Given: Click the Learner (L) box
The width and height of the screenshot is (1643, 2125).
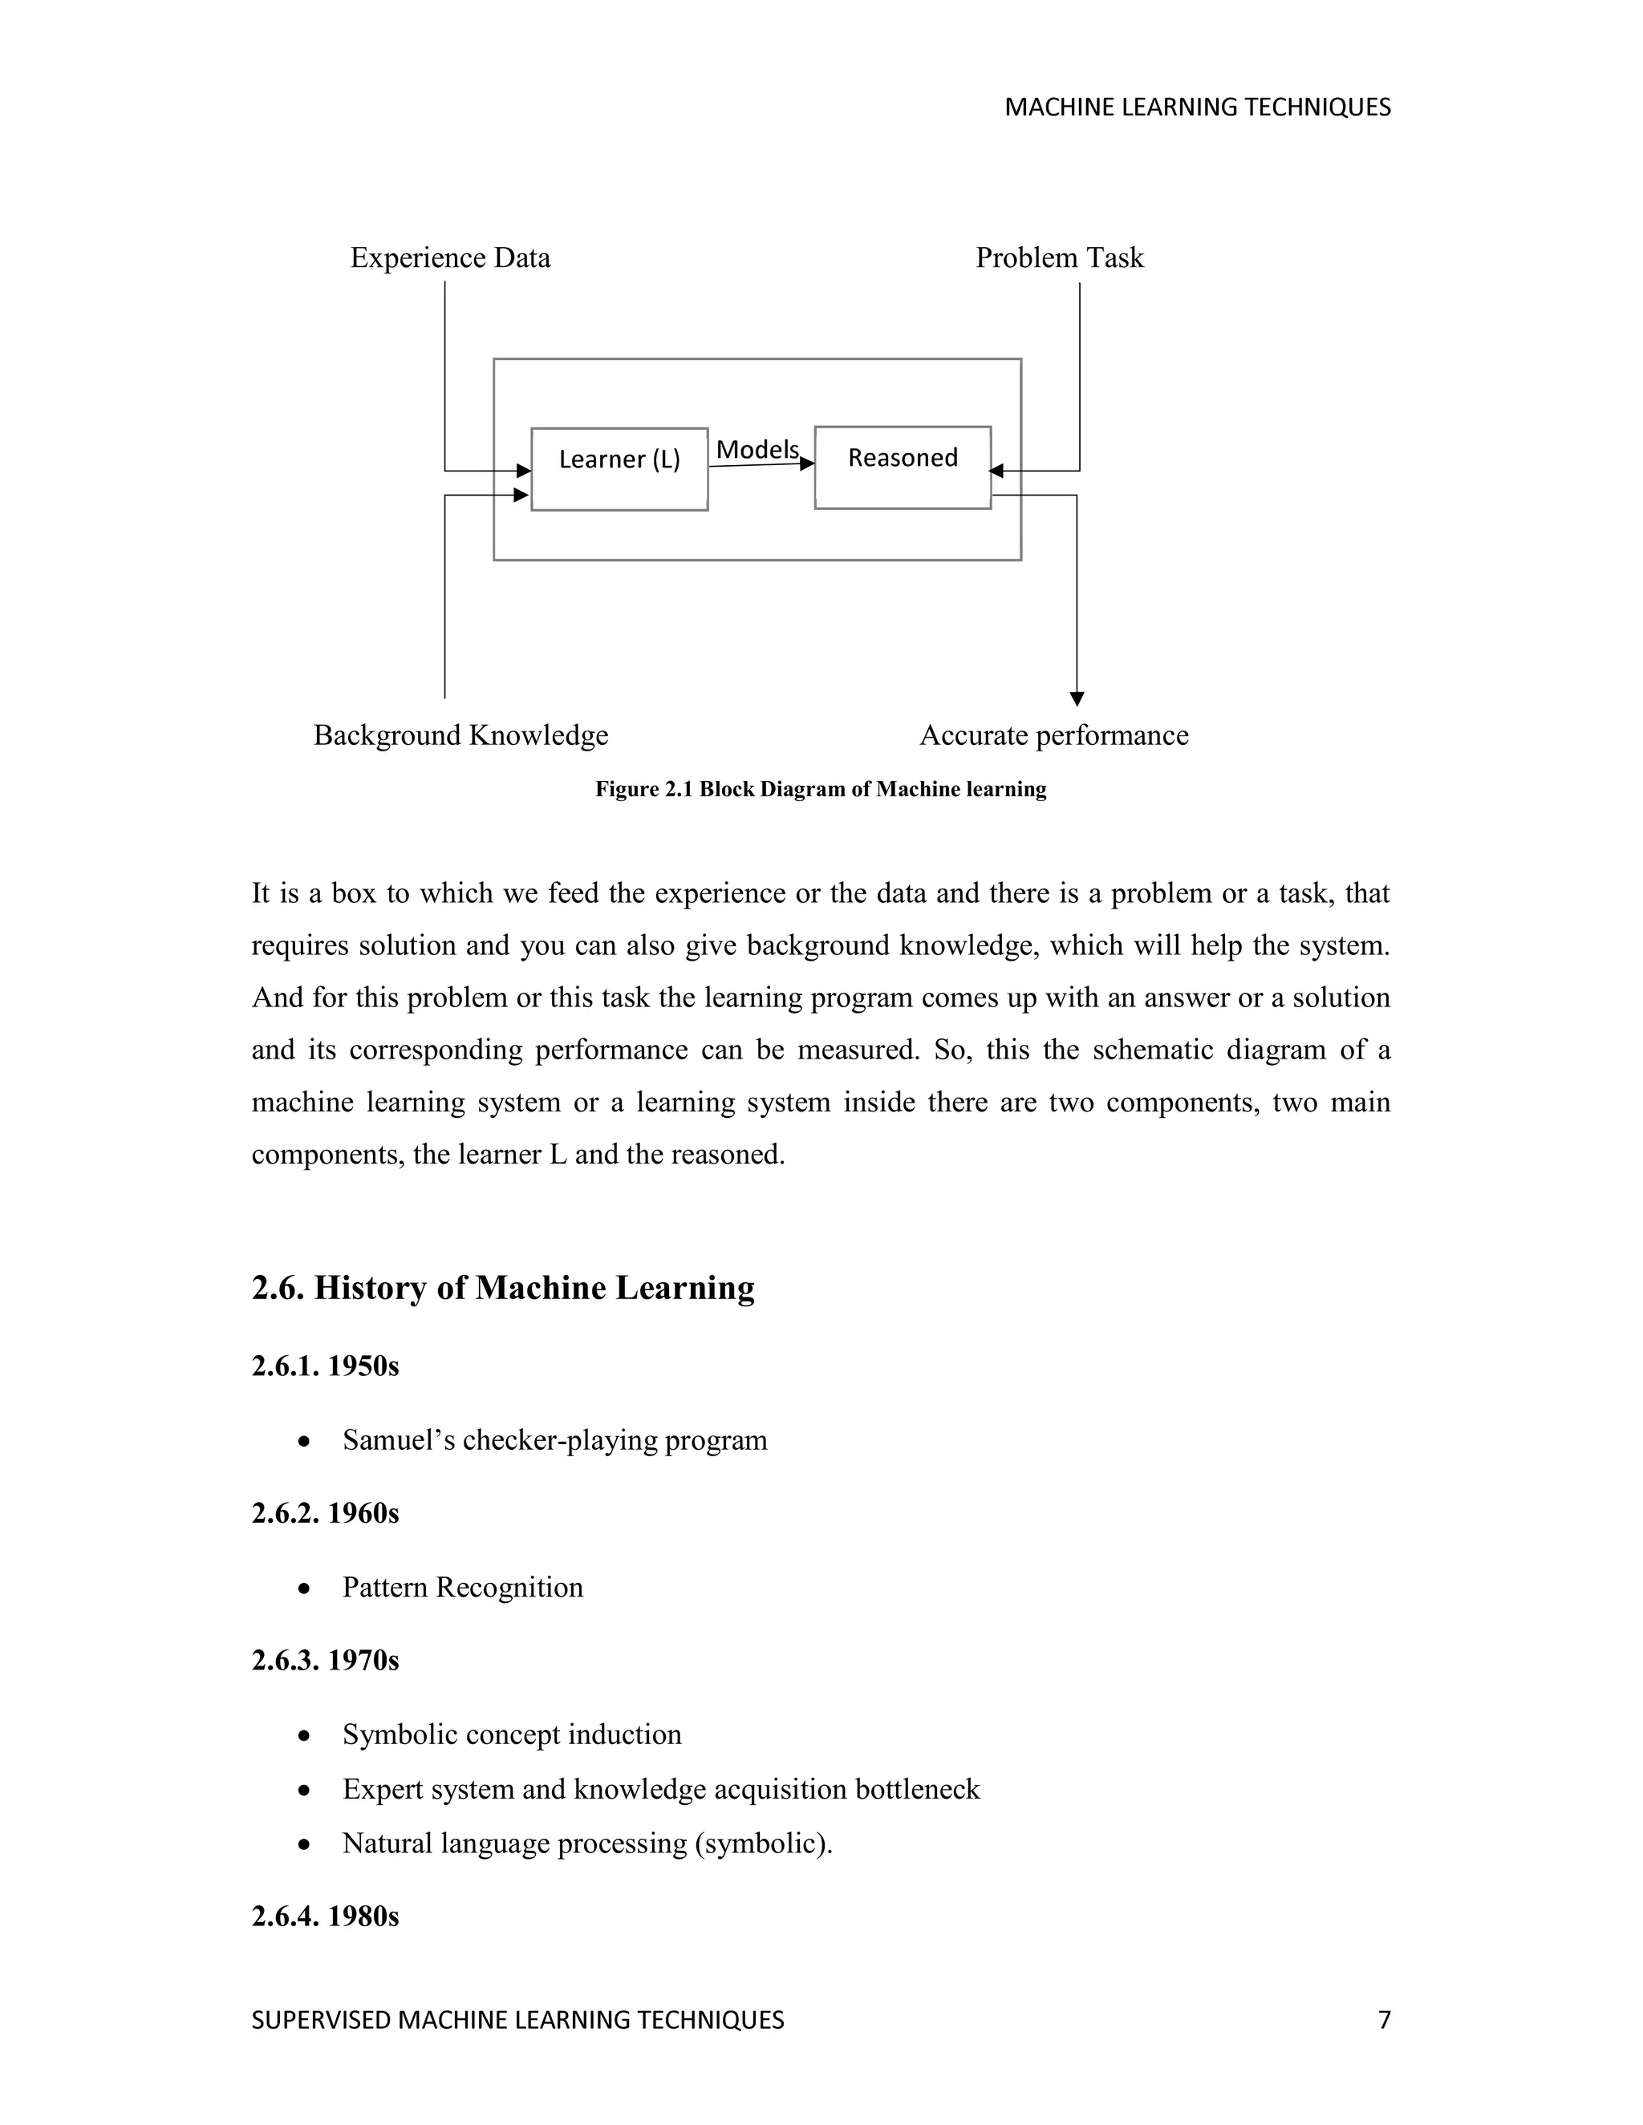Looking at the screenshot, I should pyautogui.click(x=619, y=468).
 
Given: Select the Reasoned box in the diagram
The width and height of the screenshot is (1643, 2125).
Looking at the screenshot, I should pyautogui.click(x=903, y=467).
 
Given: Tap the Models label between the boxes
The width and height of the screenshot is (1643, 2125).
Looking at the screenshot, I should pyautogui.click(x=757, y=450).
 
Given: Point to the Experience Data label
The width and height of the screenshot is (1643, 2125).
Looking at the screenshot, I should pyautogui.click(x=450, y=258).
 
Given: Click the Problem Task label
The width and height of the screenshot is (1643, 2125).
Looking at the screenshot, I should pyautogui.click(x=1059, y=258).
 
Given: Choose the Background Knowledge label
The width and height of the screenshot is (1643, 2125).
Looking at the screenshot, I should pyautogui.click(x=460, y=735).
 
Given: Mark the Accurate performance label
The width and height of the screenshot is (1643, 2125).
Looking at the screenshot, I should pyautogui.click(x=1053, y=735).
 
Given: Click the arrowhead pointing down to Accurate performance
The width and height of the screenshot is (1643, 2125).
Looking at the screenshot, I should pyautogui.click(x=1077, y=698).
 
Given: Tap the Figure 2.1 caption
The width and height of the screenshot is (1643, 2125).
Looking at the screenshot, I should pyautogui.click(x=821, y=789).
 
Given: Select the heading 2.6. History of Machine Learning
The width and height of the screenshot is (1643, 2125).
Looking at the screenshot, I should pyautogui.click(x=502, y=1287).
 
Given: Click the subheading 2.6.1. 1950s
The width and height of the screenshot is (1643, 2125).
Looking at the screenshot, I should pyautogui.click(x=325, y=1366).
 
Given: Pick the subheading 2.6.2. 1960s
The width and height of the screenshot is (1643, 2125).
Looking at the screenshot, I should pyautogui.click(x=325, y=1513).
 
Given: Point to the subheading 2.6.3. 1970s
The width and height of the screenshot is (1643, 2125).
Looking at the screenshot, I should pyautogui.click(x=325, y=1660).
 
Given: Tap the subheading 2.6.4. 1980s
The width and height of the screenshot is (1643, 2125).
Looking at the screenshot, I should pyautogui.click(x=325, y=1916).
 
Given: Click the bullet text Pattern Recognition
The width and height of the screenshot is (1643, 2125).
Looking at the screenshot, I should pyautogui.click(x=462, y=1587).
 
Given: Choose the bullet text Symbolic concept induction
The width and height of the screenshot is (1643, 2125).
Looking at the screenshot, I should pyautogui.click(x=512, y=1734).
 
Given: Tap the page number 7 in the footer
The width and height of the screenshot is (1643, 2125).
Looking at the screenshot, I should pyautogui.click(x=1384, y=2020).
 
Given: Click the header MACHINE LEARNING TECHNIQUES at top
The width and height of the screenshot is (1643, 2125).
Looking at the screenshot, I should pyautogui.click(x=1197, y=107).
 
